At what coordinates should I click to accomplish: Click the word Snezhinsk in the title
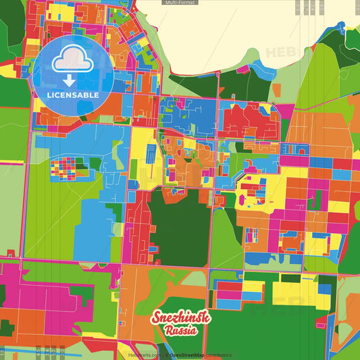point(180,318)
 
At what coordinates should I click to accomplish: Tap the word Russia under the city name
point(180,331)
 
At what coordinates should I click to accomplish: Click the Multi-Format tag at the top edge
point(180,3)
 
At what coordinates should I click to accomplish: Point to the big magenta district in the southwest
point(41,297)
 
